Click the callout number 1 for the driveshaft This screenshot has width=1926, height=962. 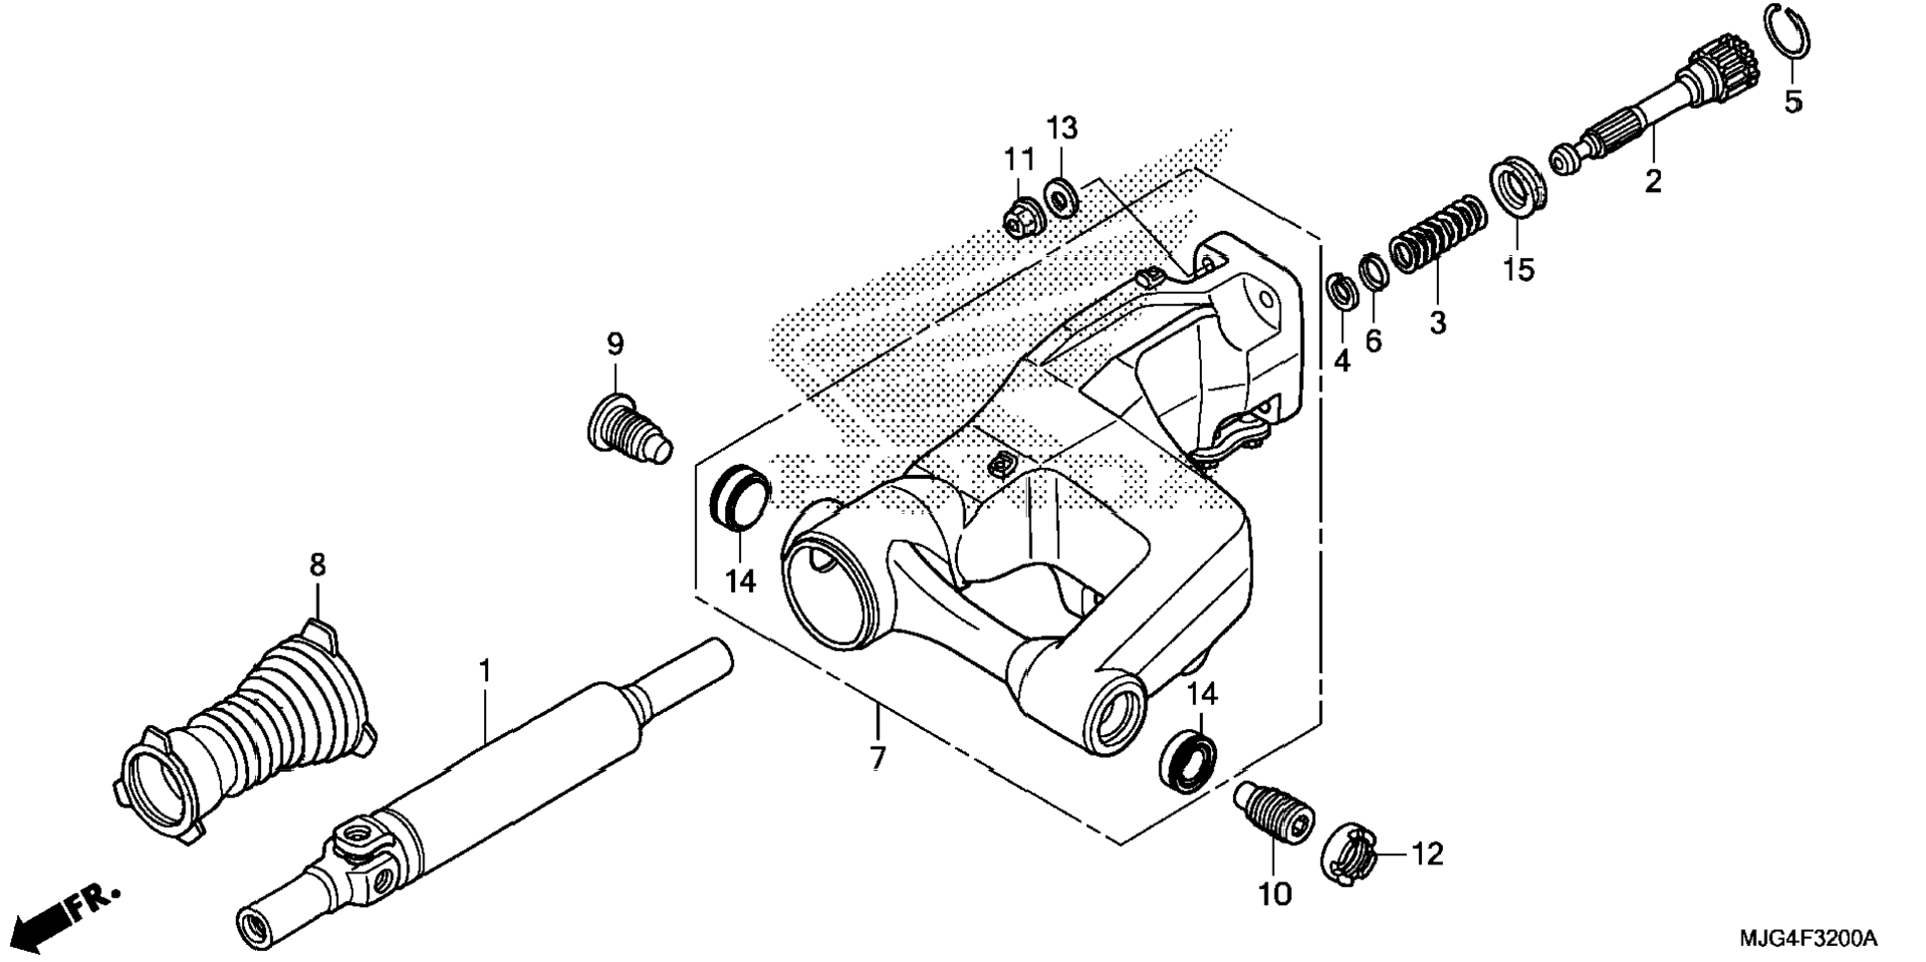tap(485, 671)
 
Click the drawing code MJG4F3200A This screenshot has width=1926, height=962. tap(1807, 938)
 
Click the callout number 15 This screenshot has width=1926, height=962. tap(1519, 269)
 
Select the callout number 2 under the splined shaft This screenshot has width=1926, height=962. tap(1653, 182)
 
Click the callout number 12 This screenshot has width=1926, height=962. tap(1427, 854)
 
